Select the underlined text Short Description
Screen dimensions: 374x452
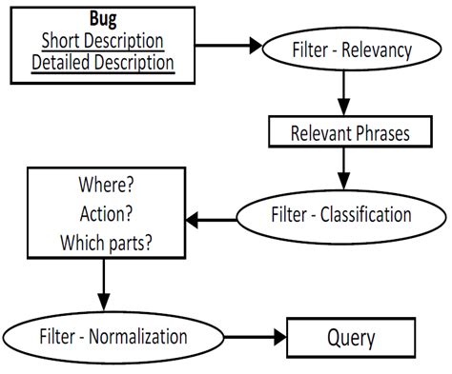coord(102,42)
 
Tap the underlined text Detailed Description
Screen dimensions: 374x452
coord(102,64)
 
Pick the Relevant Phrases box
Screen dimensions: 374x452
coord(350,133)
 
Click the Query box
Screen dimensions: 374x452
coord(352,338)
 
